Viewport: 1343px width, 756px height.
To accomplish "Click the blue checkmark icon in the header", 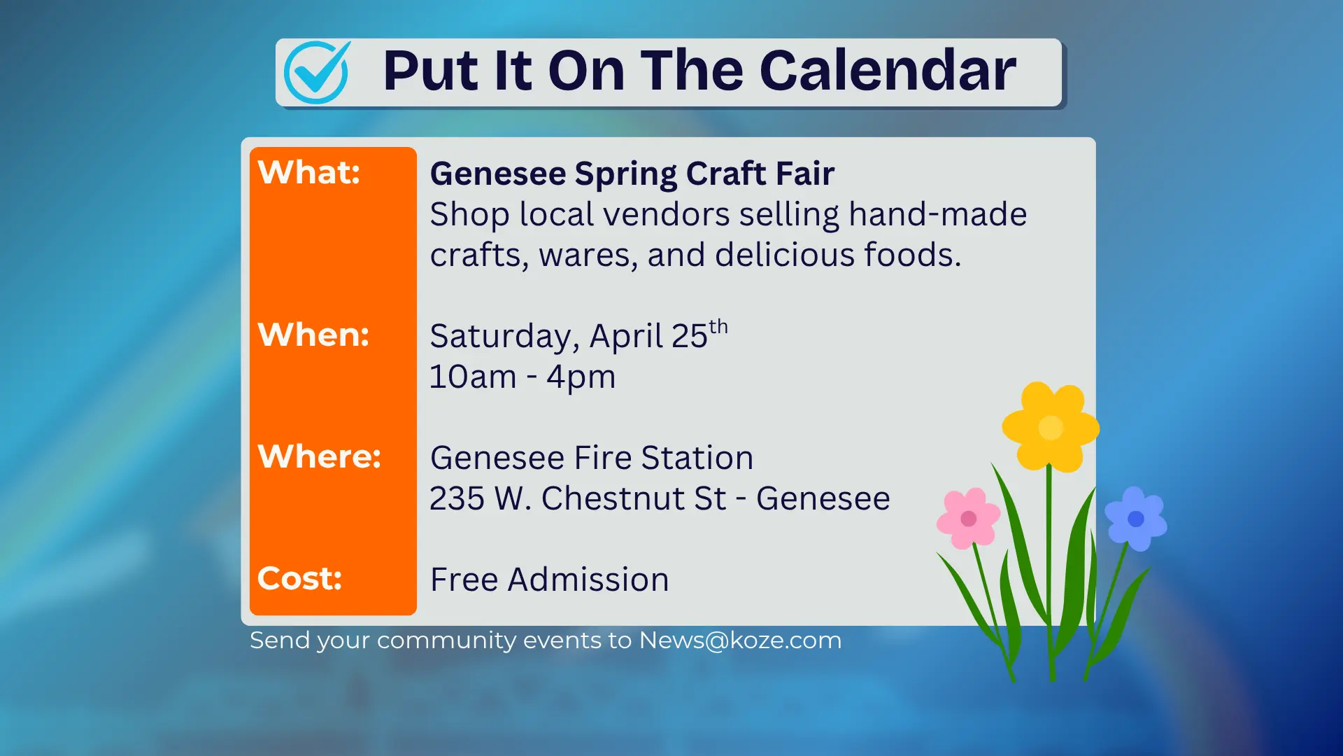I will coord(316,72).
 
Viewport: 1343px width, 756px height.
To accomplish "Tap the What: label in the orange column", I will coord(308,172).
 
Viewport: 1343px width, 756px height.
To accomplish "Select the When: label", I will coord(313,335).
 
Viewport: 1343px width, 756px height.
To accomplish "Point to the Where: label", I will coord(319,456).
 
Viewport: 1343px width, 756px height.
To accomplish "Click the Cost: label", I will coord(299,578).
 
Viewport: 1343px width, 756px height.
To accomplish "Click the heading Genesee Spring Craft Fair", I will coord(632,174).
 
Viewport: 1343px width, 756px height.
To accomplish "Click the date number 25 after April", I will coord(689,337).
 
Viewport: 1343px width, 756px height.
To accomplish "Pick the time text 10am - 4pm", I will coord(522,377).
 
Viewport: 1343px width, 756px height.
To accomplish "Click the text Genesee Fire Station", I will coord(591,458).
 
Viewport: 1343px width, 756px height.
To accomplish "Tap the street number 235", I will coord(457,498).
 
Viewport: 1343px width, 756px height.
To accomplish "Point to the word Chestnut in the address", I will coord(633,498).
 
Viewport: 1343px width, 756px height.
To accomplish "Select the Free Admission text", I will coord(549,580).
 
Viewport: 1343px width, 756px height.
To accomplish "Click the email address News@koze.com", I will coord(739,640).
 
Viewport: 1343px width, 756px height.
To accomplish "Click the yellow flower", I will coord(1050,427).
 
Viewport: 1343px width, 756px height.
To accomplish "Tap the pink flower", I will coord(968,519).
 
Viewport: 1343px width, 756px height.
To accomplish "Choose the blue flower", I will coord(1135,519).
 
